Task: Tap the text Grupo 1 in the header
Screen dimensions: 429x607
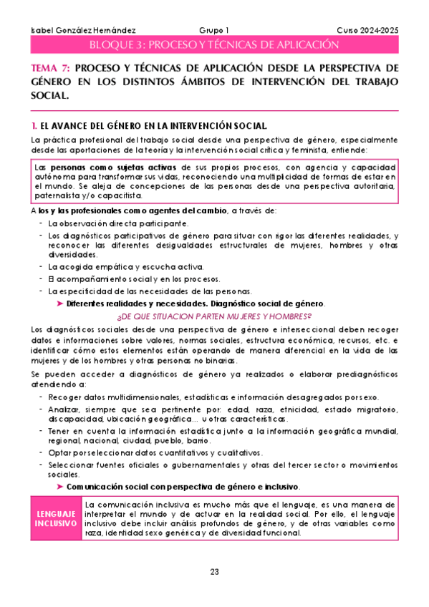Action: pos(214,29)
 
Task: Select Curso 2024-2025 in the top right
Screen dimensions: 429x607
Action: pos(367,29)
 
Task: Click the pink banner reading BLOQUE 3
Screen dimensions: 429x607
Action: pos(214,44)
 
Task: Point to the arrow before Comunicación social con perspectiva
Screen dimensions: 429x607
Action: pos(59,487)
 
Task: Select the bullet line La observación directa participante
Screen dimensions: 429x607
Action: pos(108,223)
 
